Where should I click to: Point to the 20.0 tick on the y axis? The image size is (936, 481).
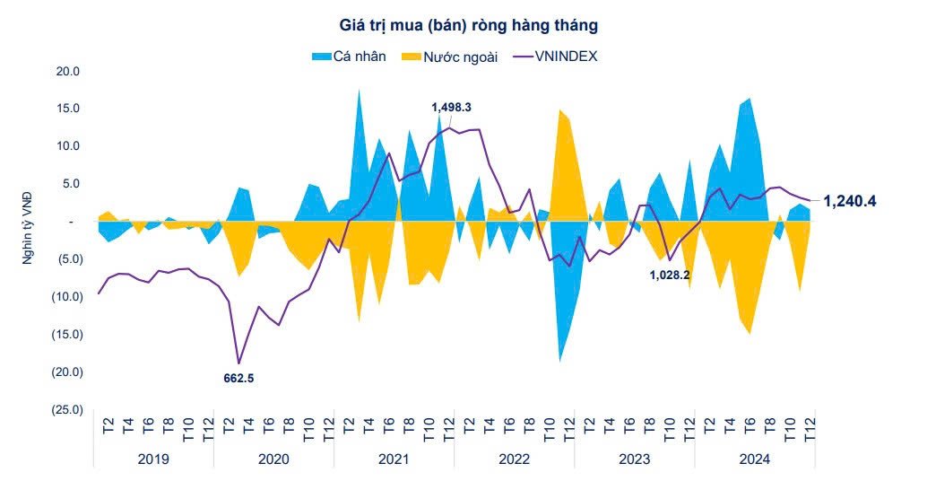(69, 71)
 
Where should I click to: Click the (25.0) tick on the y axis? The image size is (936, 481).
(66, 410)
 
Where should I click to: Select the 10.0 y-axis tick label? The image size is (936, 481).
(69, 146)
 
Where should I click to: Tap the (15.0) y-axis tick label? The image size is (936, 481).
(66, 335)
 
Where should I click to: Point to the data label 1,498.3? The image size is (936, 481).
(451, 108)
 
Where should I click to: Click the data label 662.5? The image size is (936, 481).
(238, 379)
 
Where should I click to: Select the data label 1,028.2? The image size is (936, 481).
(669, 275)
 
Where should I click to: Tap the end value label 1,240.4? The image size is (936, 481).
(849, 202)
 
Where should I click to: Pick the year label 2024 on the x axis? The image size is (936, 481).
(754, 459)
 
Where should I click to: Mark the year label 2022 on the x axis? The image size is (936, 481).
(513, 459)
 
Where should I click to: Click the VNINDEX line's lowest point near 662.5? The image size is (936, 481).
(238, 363)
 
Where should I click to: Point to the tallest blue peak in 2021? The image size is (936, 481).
(360, 91)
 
